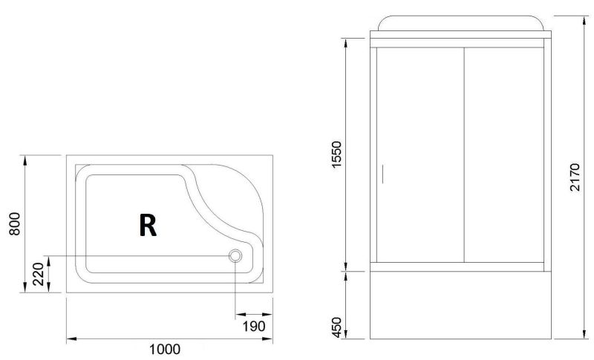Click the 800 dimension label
(x=14, y=223)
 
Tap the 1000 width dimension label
(x=165, y=349)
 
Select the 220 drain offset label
(x=39, y=274)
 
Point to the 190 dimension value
(x=254, y=326)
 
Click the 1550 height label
(x=336, y=154)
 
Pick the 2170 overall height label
(x=575, y=177)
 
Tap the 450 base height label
(x=336, y=327)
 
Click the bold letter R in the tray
(x=148, y=225)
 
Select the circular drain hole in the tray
(x=235, y=256)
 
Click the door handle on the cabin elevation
(x=382, y=174)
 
